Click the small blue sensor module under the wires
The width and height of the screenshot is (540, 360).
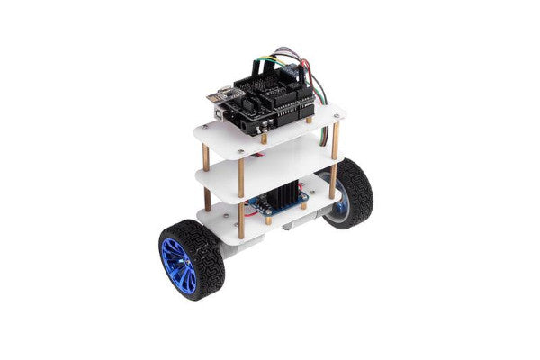293,68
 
